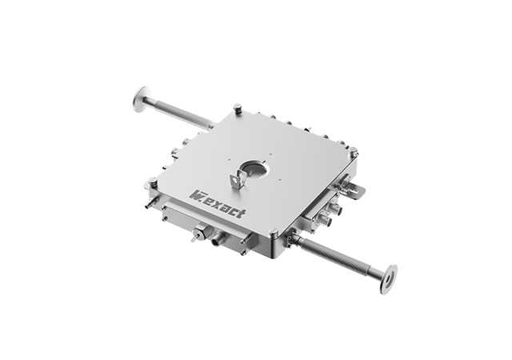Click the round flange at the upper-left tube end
pos(141,99)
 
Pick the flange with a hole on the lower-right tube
pos(389,278)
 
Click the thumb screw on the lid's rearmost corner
pos(238,109)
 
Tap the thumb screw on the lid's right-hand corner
pos(354,151)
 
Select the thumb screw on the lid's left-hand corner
pos(152,181)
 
